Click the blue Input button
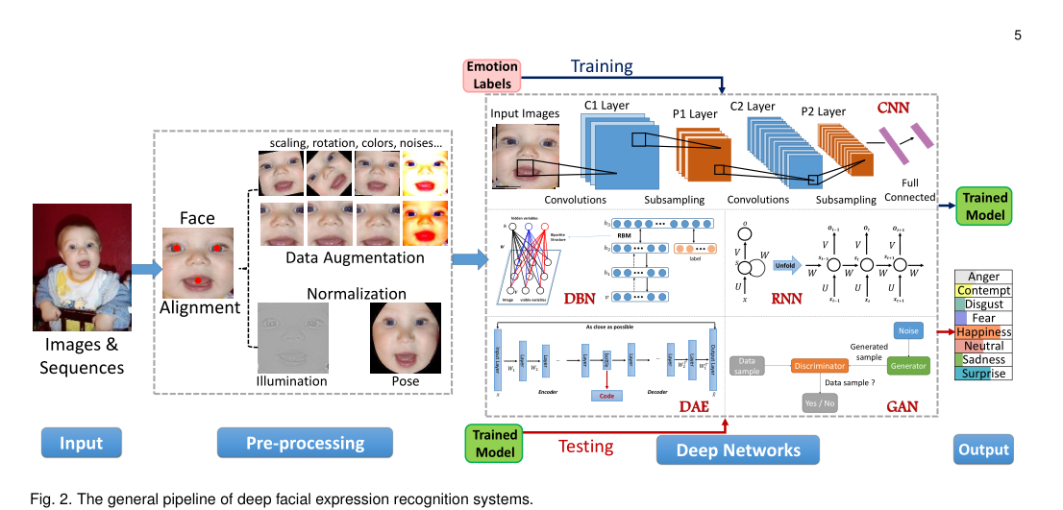[x=81, y=444]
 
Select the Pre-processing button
[x=306, y=444]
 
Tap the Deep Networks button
[x=738, y=449]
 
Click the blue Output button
[x=982, y=449]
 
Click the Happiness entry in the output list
[x=982, y=332]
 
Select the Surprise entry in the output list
[x=982, y=373]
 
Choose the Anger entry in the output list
[x=982, y=278]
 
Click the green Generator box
[x=907, y=366]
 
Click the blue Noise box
[x=907, y=329]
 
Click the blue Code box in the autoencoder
[x=607, y=395]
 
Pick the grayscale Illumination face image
[x=292, y=337]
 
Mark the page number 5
[x=1018, y=36]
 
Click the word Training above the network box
[x=602, y=66]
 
